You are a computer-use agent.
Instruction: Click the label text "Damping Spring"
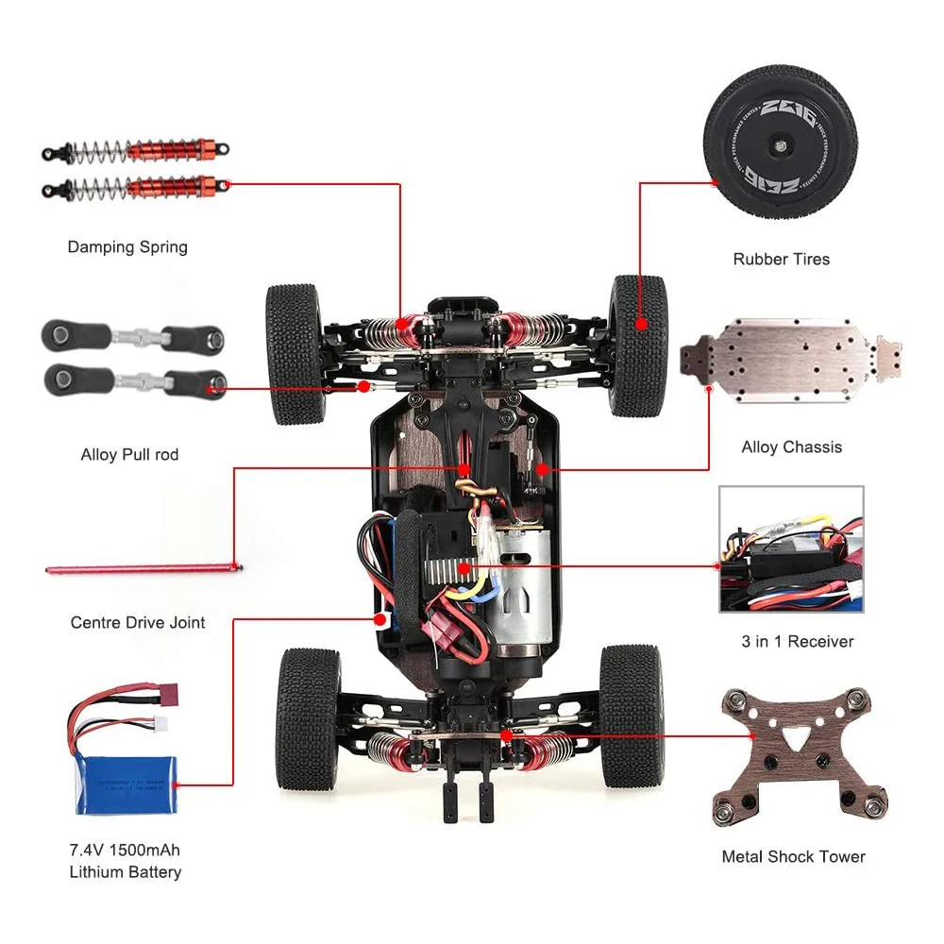(127, 247)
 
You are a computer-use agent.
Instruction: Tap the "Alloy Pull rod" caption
(129, 455)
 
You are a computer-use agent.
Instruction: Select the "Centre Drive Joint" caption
(138, 623)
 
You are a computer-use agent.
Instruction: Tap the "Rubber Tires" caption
(781, 259)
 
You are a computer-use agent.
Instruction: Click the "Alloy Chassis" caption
(791, 447)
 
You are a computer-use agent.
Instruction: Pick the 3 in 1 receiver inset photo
(791, 549)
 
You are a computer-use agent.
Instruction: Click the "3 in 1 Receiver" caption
(797, 642)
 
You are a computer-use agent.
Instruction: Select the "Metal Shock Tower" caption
(793, 857)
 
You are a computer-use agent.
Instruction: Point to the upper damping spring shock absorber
(136, 150)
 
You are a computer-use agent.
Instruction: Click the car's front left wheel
(295, 353)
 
